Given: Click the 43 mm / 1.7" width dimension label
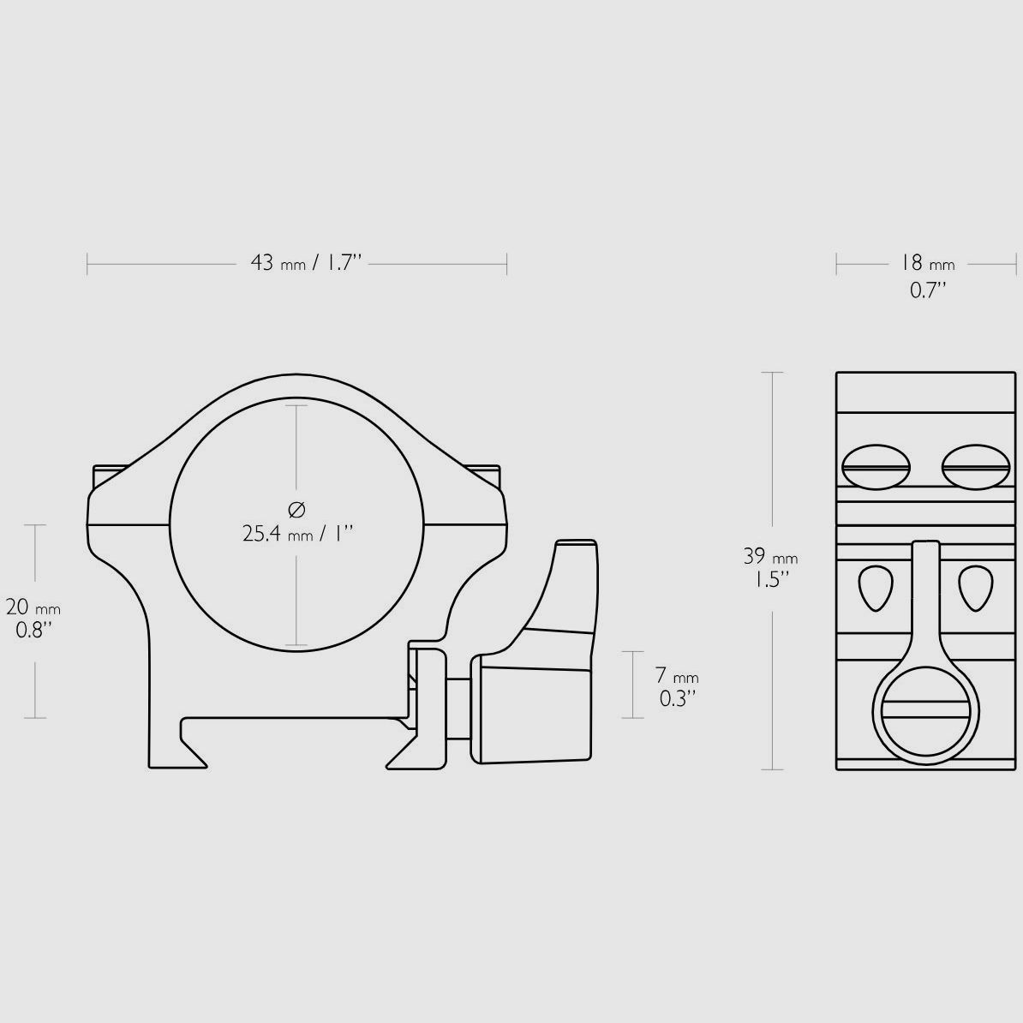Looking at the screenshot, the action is pyautogui.click(x=306, y=263).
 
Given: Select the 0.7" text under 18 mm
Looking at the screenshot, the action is pyautogui.click(x=929, y=290).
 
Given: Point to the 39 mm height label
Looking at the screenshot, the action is pyautogui.click(x=770, y=557).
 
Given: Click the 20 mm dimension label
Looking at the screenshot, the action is pyautogui.click(x=33, y=607).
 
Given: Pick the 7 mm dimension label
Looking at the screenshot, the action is pyautogui.click(x=677, y=675).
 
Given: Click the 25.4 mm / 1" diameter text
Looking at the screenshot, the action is pyautogui.click(x=297, y=534).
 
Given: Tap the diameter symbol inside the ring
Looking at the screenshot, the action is pyautogui.click(x=296, y=509).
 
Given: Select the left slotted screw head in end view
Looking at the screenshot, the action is pyautogui.click(x=876, y=467).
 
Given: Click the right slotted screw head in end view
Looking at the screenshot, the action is pyautogui.click(x=975, y=467).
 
